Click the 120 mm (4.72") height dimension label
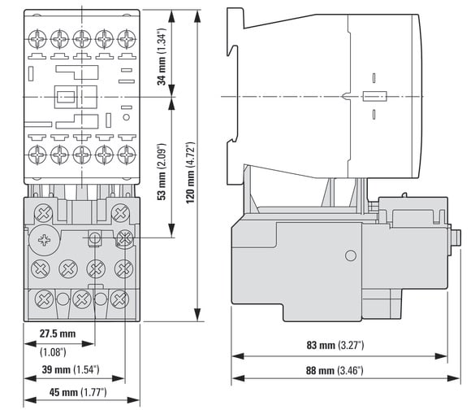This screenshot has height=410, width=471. tap(190, 172)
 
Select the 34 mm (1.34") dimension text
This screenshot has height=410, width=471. tap(162, 57)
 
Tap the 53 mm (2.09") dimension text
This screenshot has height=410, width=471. tap(162, 172)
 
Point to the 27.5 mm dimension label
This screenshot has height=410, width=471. tap(58, 334)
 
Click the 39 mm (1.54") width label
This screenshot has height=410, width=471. tap(71, 369)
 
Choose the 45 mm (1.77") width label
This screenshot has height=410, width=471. tap(78, 392)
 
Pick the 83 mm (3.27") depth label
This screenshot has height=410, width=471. tap(335, 345)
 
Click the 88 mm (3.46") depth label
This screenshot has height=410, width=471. tap(335, 370)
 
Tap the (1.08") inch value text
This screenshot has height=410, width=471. tap(53, 352)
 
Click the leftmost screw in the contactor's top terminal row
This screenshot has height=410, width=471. tap(37, 39)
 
